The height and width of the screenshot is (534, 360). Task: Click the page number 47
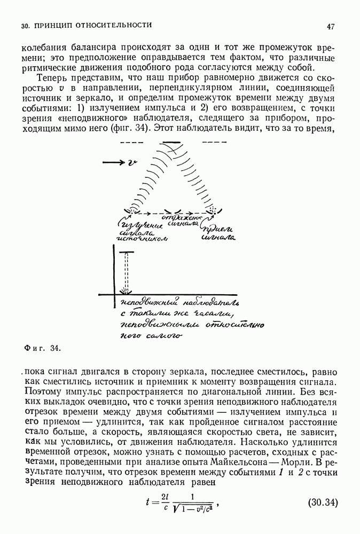331,26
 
